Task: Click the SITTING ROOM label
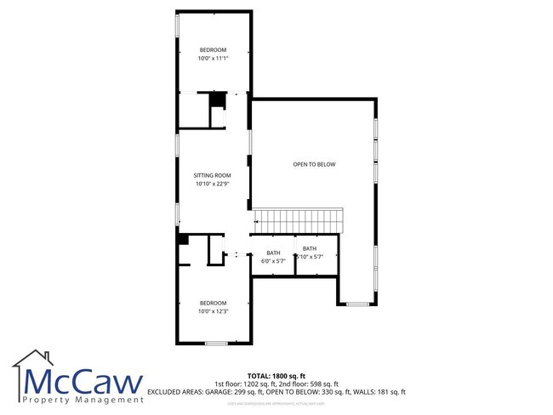point(213,175)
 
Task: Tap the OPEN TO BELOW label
point(315,164)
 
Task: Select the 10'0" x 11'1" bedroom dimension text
point(213,57)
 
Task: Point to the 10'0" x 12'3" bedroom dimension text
point(213,311)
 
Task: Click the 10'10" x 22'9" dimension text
point(213,184)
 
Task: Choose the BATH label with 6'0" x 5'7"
point(273,253)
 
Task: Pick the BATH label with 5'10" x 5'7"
point(309,248)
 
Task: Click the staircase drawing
point(299,220)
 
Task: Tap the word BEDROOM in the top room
point(213,49)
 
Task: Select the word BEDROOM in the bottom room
point(213,303)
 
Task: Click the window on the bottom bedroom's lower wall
point(215,343)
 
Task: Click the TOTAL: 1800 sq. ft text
point(276,375)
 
